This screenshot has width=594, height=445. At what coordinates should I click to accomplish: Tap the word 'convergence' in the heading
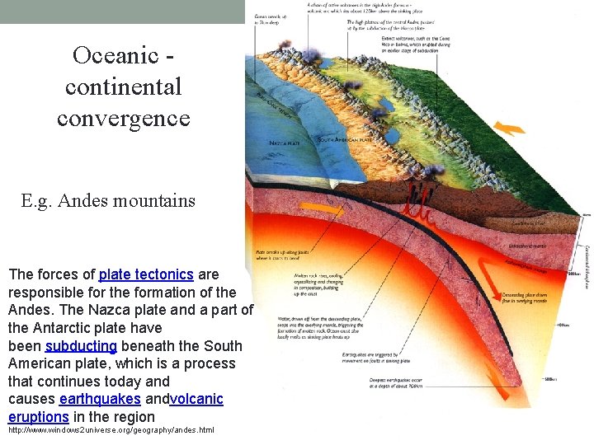[124, 118]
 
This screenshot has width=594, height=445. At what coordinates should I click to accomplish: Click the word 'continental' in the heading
[124, 87]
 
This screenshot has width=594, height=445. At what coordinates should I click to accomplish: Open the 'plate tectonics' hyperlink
[146, 274]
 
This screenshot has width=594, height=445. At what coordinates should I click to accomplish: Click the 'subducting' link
[81, 346]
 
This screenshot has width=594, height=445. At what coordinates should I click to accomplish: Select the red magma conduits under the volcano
[414, 203]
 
